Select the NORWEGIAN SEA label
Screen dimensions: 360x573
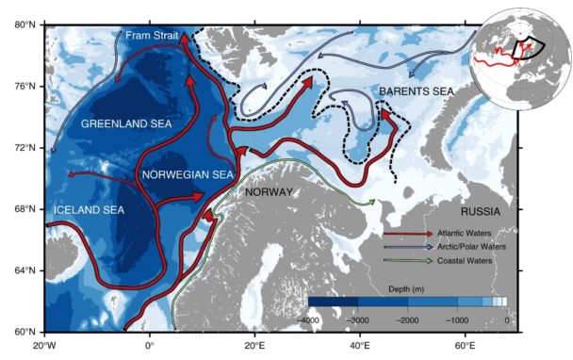pyautogui.click(x=187, y=175)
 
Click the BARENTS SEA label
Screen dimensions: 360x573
pyautogui.click(x=417, y=90)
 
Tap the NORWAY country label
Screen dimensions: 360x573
pyautogui.click(x=270, y=192)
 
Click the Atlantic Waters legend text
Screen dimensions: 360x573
pyautogui.click(x=469, y=232)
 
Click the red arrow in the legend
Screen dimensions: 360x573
pyautogui.click(x=406, y=232)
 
